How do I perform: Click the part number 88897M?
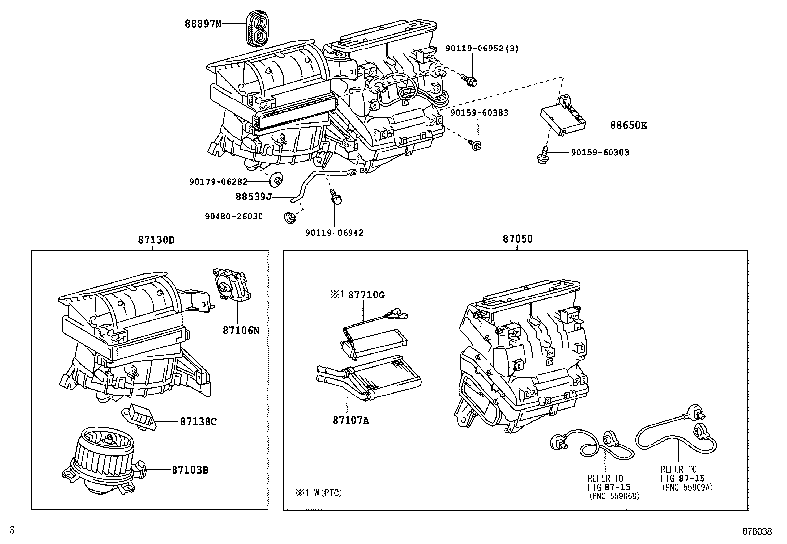(x=204, y=23)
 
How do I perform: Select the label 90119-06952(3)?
(x=482, y=49)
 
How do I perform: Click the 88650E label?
(x=628, y=125)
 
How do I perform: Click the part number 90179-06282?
(x=218, y=182)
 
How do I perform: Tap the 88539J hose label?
(x=254, y=197)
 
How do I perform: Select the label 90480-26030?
(x=233, y=216)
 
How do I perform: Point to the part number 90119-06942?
(x=334, y=233)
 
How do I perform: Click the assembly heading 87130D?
(x=156, y=239)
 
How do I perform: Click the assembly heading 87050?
(x=518, y=239)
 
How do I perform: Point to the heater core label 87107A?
(x=351, y=421)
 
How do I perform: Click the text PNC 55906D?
(x=614, y=495)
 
